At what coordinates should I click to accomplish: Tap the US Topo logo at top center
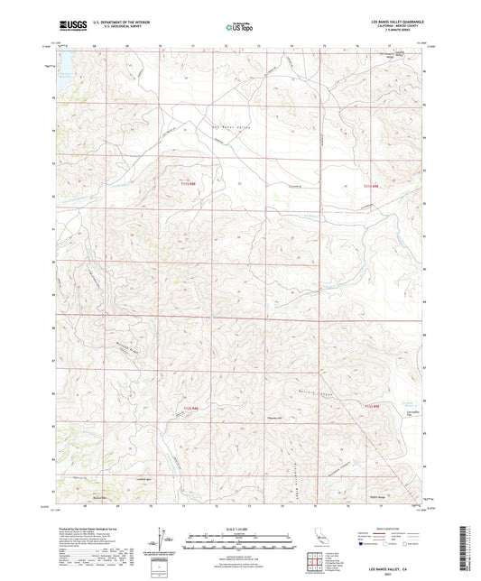[239, 27]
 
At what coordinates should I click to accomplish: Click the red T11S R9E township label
[187, 184]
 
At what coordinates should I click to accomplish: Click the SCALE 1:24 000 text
[239, 530]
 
